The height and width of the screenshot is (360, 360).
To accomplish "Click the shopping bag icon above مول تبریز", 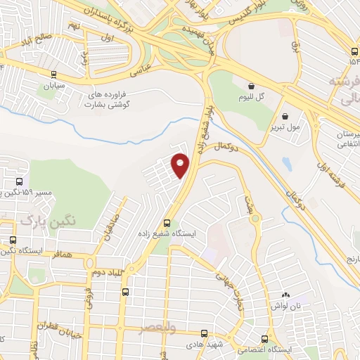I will click(x=285, y=117).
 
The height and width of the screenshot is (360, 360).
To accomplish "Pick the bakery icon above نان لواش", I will click(x=286, y=296).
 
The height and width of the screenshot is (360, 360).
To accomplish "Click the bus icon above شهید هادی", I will click(x=204, y=333).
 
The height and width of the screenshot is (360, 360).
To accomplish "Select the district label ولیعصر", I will click(x=165, y=330).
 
